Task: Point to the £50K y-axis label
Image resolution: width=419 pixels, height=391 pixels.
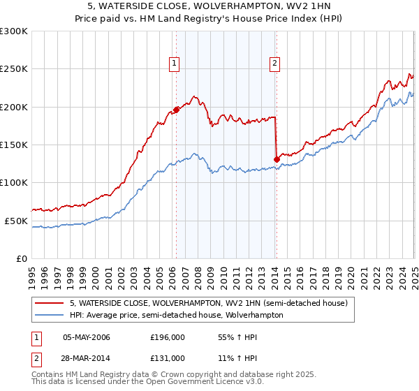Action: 15,221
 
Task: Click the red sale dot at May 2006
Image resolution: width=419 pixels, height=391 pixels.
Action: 176,110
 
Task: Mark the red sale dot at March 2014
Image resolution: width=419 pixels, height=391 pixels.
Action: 277,159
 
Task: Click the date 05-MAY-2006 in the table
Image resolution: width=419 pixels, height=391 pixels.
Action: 87,337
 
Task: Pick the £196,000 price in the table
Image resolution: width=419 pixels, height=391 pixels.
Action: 167,337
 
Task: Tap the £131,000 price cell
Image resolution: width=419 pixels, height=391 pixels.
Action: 167,357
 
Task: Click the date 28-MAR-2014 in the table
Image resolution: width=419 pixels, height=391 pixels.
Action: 87,357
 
